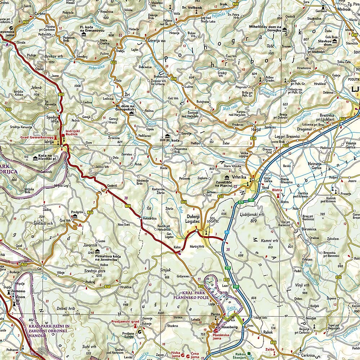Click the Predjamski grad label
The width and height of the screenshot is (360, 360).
pos(125,321)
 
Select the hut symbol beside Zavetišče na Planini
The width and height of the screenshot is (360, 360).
pos(227,177)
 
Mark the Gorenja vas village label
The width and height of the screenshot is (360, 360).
pos(156,41)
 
